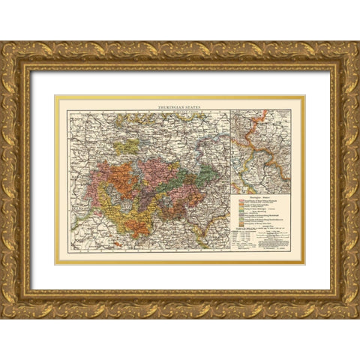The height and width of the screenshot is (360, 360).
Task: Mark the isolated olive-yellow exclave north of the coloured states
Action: (x=132, y=143)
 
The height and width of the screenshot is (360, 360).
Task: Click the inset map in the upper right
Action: (x=260, y=151)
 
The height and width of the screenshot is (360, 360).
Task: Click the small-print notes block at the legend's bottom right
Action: (x=274, y=239)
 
